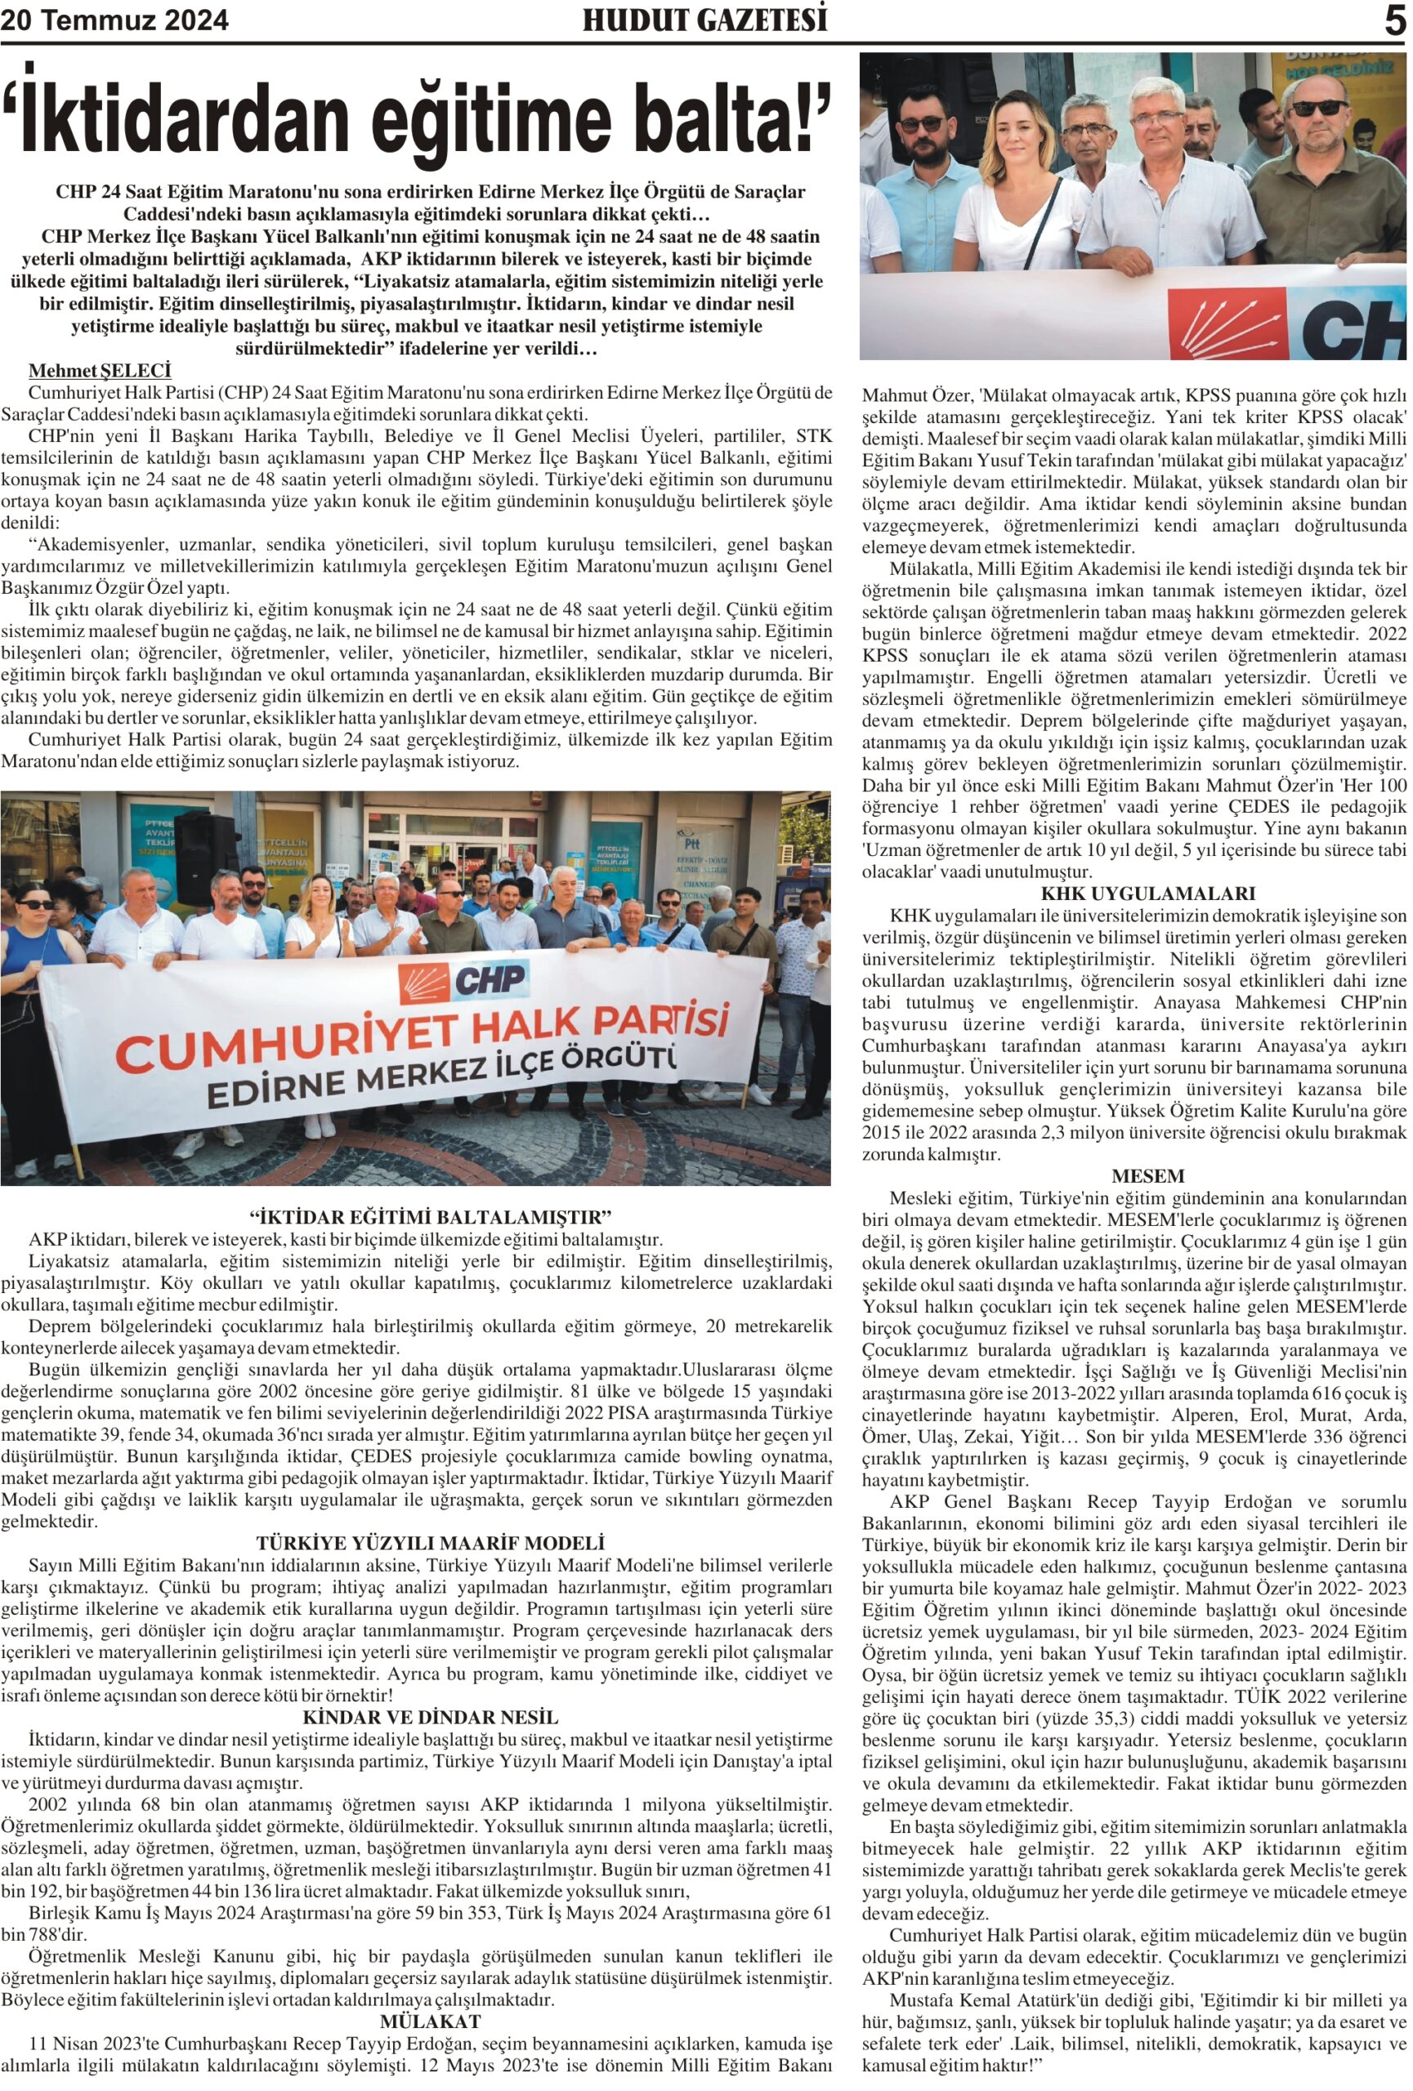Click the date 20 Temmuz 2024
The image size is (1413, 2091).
114,20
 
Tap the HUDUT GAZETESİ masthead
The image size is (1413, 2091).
704,20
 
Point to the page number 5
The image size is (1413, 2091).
1394,20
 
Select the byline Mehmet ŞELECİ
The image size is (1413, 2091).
100,371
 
